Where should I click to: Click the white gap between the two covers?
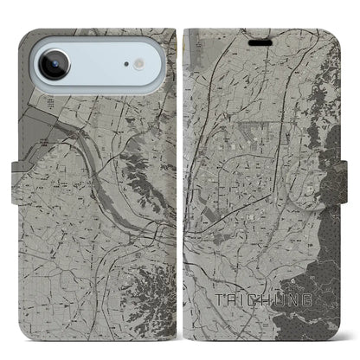180,173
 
